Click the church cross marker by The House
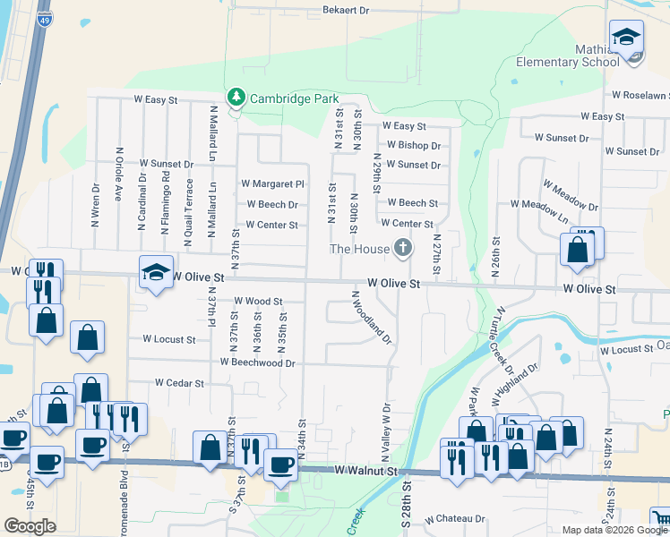[403, 248]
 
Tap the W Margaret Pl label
[272, 184]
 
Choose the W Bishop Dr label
[413, 145]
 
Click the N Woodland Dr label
[372, 317]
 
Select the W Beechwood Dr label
[257, 363]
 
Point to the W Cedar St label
[179, 383]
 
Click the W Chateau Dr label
[454, 518]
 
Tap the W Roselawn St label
[640, 95]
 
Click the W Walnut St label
[365, 470]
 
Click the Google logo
[30, 526]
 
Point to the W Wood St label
[258, 302]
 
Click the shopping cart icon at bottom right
[660, 518]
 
